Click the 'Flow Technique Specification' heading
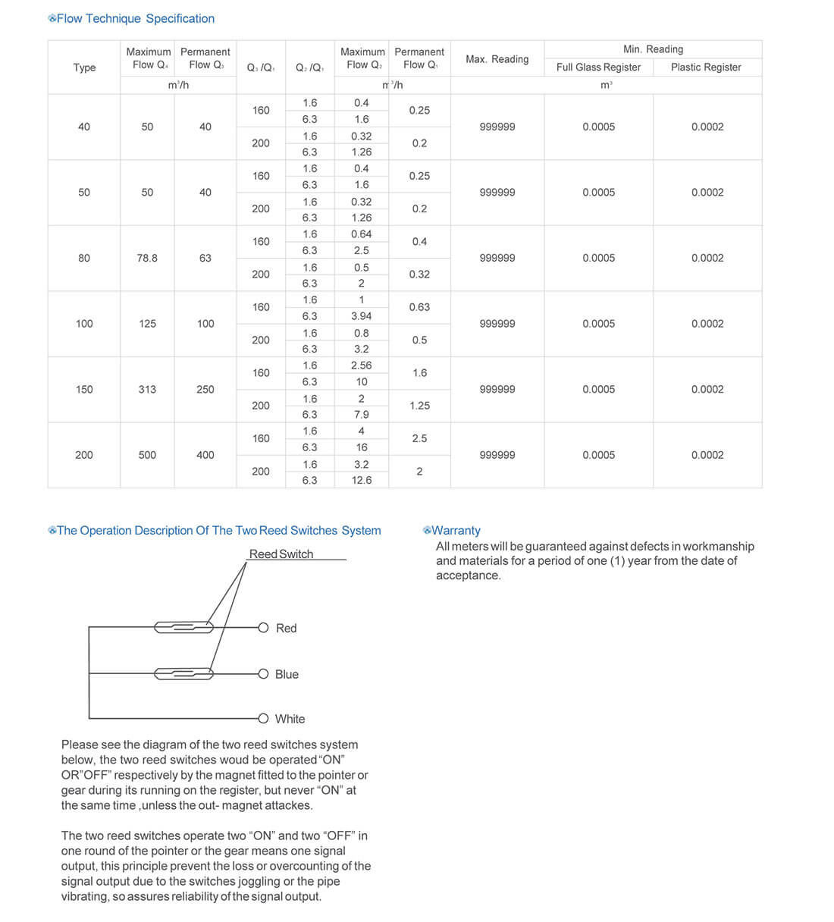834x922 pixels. pos(135,19)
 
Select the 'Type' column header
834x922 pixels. pos(84,67)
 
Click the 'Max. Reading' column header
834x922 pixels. pos(497,59)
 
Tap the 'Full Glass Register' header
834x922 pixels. pos(598,67)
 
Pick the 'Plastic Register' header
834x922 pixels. pos(706,67)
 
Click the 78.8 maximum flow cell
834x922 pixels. pos(147,258)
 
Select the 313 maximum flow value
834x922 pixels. pos(147,389)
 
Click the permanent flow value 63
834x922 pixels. pos(205,258)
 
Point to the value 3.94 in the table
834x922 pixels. pos(362,316)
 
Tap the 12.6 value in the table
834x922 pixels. pos(362,480)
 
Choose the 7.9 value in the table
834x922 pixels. pos(362,415)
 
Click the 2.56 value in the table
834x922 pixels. pos(362,365)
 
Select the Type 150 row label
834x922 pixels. pos(84,389)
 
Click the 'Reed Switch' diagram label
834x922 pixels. pos(281,554)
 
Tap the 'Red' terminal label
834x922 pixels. pos(287,629)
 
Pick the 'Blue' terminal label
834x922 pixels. pos(287,675)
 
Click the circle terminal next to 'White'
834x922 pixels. pos(263,719)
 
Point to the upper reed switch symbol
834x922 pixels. pos(184,627)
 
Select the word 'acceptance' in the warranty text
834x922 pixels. pos(468,575)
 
